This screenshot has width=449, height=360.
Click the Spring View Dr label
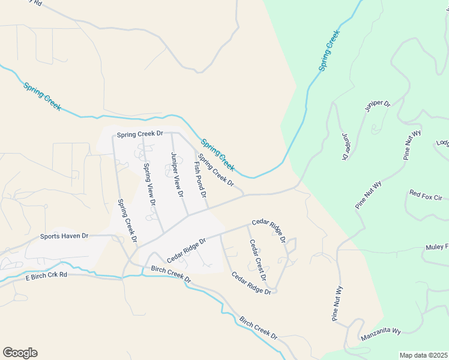149,185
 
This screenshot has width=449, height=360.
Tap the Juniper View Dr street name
176,175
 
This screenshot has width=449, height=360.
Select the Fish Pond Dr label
200,179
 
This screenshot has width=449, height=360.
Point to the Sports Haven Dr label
64,236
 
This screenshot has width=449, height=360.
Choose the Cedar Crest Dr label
258,260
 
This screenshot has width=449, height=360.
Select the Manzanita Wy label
381,336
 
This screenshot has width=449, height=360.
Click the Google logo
20,353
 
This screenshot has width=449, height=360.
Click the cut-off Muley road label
437,247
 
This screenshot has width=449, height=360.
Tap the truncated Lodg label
442,143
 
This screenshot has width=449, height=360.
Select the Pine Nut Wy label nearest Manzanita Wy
339,304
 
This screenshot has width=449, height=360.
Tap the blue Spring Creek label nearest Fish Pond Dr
217,154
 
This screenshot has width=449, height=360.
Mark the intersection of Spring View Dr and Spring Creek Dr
143,133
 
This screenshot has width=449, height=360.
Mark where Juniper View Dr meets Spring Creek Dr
172,133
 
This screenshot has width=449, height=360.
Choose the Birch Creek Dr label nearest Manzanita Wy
258,328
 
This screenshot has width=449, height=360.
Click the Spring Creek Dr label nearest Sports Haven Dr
127,221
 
